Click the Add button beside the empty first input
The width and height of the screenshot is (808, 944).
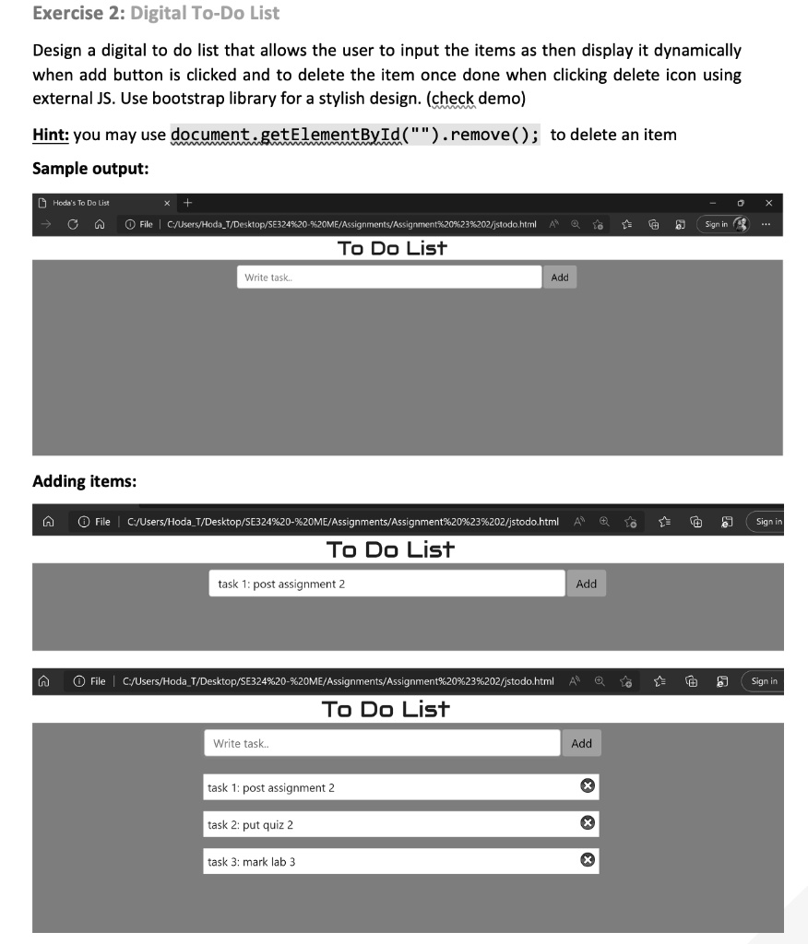(x=559, y=277)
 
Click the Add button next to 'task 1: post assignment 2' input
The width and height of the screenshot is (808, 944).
(x=586, y=584)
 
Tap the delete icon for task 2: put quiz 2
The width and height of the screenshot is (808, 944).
(x=586, y=822)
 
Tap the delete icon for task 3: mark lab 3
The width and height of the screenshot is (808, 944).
(x=586, y=860)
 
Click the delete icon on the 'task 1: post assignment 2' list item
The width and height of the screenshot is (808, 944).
(x=586, y=785)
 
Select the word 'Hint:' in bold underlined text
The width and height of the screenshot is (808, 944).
(x=51, y=135)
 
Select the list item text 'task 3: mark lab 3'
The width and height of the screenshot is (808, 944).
(x=252, y=862)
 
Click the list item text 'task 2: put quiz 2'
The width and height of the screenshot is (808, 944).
(x=251, y=825)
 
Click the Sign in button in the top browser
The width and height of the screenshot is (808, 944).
(x=723, y=224)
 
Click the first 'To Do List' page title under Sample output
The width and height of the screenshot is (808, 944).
(x=392, y=248)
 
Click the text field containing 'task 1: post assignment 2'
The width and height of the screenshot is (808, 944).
(x=386, y=584)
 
